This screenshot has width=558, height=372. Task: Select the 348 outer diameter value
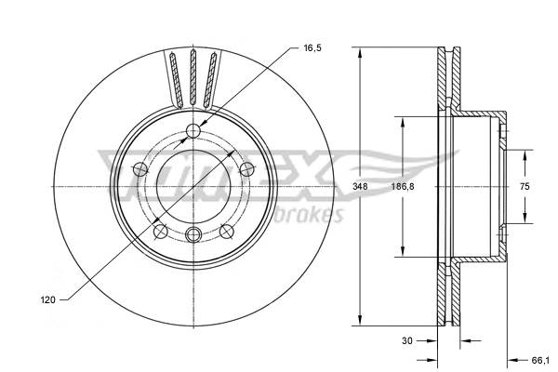click(360, 187)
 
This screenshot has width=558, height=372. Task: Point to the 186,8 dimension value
click(401, 187)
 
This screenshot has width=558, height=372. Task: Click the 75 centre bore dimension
click(524, 187)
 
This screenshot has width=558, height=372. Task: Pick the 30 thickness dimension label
click(406, 340)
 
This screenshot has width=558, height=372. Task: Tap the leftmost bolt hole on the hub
click(139, 168)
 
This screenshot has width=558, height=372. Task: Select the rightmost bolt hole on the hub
click(246, 168)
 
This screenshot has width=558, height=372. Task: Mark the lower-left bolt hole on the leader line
click(160, 230)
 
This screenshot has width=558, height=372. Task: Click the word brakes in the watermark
click(312, 215)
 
